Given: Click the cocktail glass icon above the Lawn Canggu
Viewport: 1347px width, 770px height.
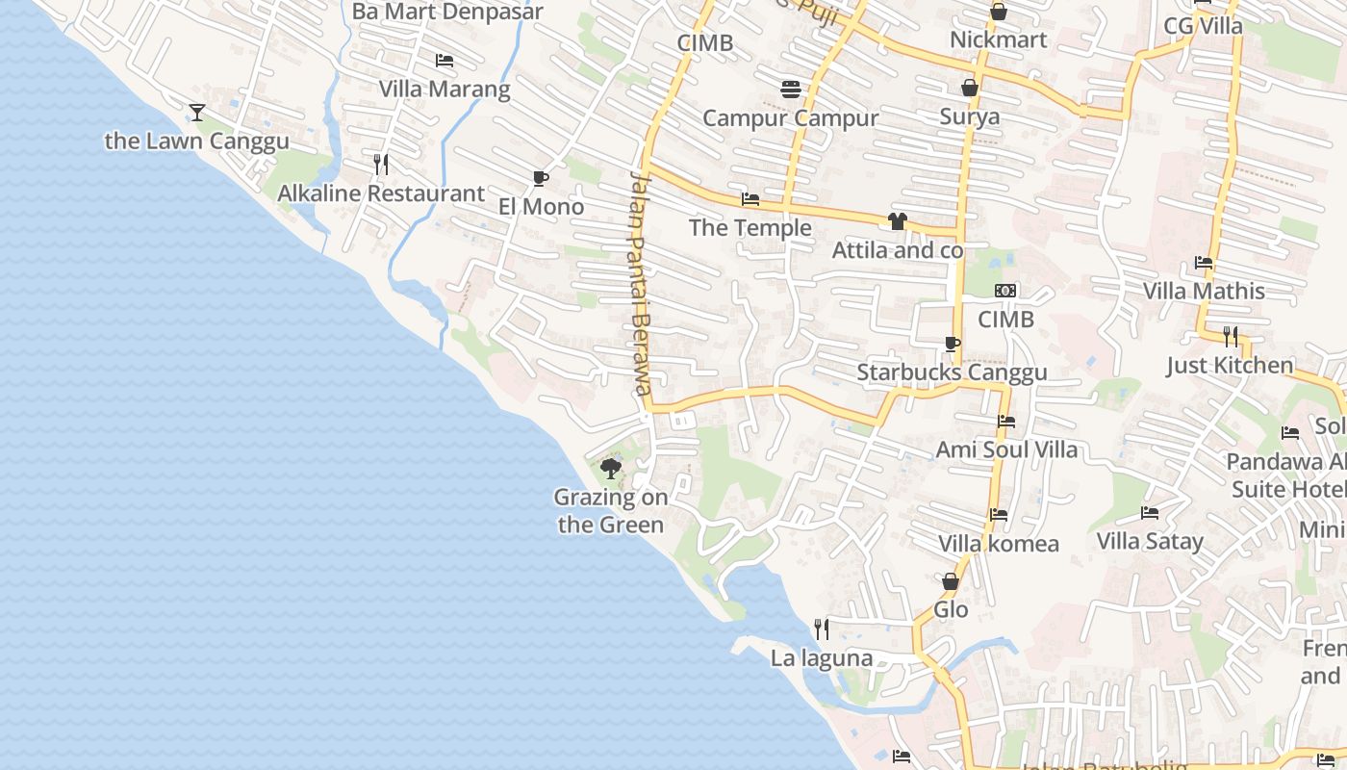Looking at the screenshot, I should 197,113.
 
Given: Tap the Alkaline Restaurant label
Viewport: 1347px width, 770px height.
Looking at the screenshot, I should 381,193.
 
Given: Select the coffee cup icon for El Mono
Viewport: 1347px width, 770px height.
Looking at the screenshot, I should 541,178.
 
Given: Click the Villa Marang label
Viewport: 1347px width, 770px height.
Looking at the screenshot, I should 445,90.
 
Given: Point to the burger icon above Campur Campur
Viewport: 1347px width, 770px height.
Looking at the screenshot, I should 791,90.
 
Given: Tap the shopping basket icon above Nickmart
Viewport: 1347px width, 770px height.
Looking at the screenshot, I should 999,12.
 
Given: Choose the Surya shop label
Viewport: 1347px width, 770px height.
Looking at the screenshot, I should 970,117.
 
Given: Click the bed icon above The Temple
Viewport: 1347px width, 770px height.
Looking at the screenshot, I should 750,199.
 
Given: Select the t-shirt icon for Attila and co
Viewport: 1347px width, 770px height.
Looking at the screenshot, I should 898,221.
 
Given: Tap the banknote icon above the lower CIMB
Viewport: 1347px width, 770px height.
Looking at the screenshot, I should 1005,291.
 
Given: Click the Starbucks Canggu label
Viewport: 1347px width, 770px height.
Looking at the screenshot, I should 952,372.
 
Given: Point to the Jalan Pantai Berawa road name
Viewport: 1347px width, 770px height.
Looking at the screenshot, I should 641,283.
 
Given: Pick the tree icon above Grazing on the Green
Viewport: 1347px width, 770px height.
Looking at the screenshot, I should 610,469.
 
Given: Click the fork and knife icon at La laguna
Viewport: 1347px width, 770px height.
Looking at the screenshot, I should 822,629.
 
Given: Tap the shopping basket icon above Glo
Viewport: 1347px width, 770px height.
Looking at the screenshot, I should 951,581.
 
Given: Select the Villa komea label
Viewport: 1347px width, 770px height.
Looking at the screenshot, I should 999,544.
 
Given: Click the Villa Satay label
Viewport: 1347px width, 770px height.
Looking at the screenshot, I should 1150,541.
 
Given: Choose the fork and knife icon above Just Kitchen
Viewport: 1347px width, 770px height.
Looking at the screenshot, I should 1231,336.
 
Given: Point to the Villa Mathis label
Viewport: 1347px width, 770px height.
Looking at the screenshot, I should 1204,291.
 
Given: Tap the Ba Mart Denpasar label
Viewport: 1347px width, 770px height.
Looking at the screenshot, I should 447,13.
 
